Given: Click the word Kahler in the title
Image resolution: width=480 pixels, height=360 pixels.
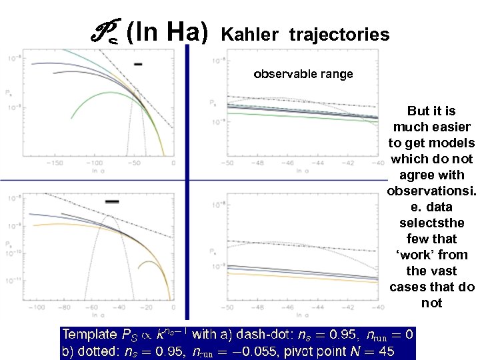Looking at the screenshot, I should [249, 34].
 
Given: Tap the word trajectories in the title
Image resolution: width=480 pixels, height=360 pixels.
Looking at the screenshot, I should [339, 34].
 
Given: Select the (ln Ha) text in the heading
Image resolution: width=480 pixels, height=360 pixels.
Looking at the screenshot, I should [167, 30].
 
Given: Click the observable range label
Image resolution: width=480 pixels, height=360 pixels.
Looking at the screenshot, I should [303, 74].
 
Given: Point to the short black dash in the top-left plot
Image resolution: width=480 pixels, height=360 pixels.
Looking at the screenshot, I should [138, 64].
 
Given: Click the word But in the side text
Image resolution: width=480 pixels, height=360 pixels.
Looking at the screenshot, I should [419, 111].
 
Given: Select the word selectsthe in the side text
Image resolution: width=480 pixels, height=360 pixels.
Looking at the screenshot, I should [431, 223].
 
